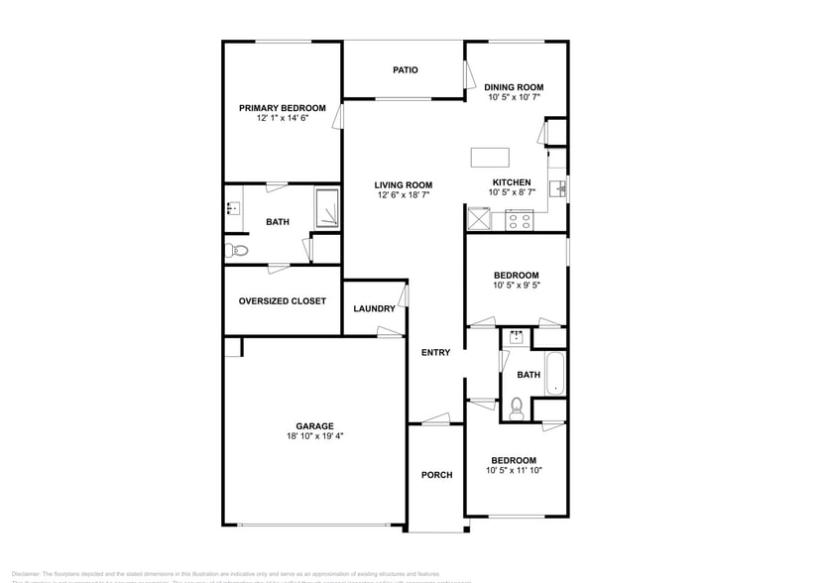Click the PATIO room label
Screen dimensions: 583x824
pyautogui.click(x=405, y=70)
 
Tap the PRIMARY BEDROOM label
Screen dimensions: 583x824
pyautogui.click(x=282, y=108)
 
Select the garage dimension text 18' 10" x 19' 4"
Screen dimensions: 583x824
pyautogui.click(x=313, y=435)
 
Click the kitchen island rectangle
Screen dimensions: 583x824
pyautogui.click(x=490, y=157)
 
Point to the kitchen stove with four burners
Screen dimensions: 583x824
pyautogui.click(x=519, y=220)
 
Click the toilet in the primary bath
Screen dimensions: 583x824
pyautogui.click(x=234, y=250)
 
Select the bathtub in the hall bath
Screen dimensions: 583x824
pyautogui.click(x=553, y=375)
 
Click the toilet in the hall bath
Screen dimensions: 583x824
pyautogui.click(x=517, y=407)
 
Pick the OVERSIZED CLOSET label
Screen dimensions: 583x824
pyautogui.click(x=282, y=301)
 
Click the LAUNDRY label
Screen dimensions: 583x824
pyautogui.click(x=374, y=308)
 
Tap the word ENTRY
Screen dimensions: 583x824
pyautogui.click(x=435, y=353)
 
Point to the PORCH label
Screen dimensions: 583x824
pyautogui.click(x=436, y=475)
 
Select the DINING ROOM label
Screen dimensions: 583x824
pyautogui.click(x=515, y=87)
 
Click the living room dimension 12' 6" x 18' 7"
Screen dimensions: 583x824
pyautogui.click(x=404, y=195)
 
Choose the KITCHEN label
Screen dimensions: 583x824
pyautogui.click(x=512, y=182)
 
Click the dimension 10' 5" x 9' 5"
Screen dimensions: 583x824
pyautogui.click(x=516, y=286)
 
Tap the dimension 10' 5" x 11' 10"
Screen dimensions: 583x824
pyautogui.click(x=514, y=471)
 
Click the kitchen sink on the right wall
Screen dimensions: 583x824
pyautogui.click(x=560, y=186)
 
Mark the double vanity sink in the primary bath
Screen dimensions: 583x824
pyautogui.click(x=233, y=208)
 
